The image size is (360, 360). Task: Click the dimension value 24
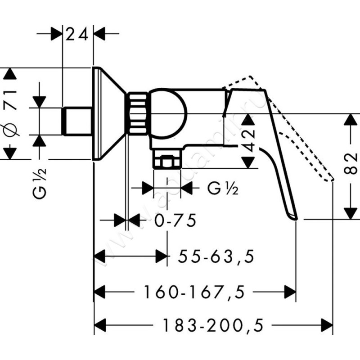coord(77,34)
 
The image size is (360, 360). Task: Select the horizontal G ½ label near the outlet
coord(223,188)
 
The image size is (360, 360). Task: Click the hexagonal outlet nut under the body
coord(166,161)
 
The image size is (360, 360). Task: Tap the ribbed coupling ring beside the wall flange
coord(137,113)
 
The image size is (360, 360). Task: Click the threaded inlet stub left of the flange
coord(77,121)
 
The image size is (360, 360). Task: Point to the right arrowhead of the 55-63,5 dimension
coord(162,257)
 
